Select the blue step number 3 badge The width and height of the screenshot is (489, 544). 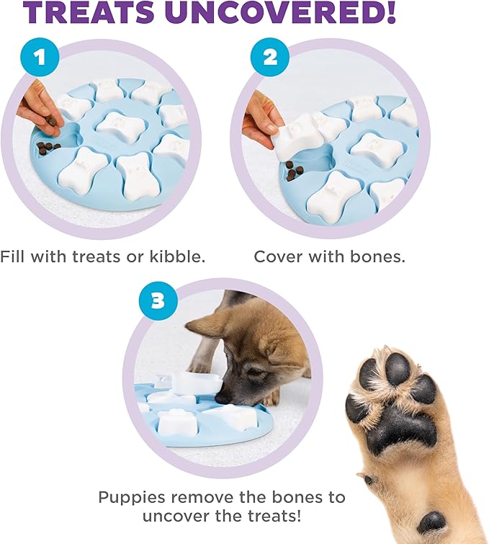coord(157,299)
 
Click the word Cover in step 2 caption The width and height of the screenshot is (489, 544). coord(282,257)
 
